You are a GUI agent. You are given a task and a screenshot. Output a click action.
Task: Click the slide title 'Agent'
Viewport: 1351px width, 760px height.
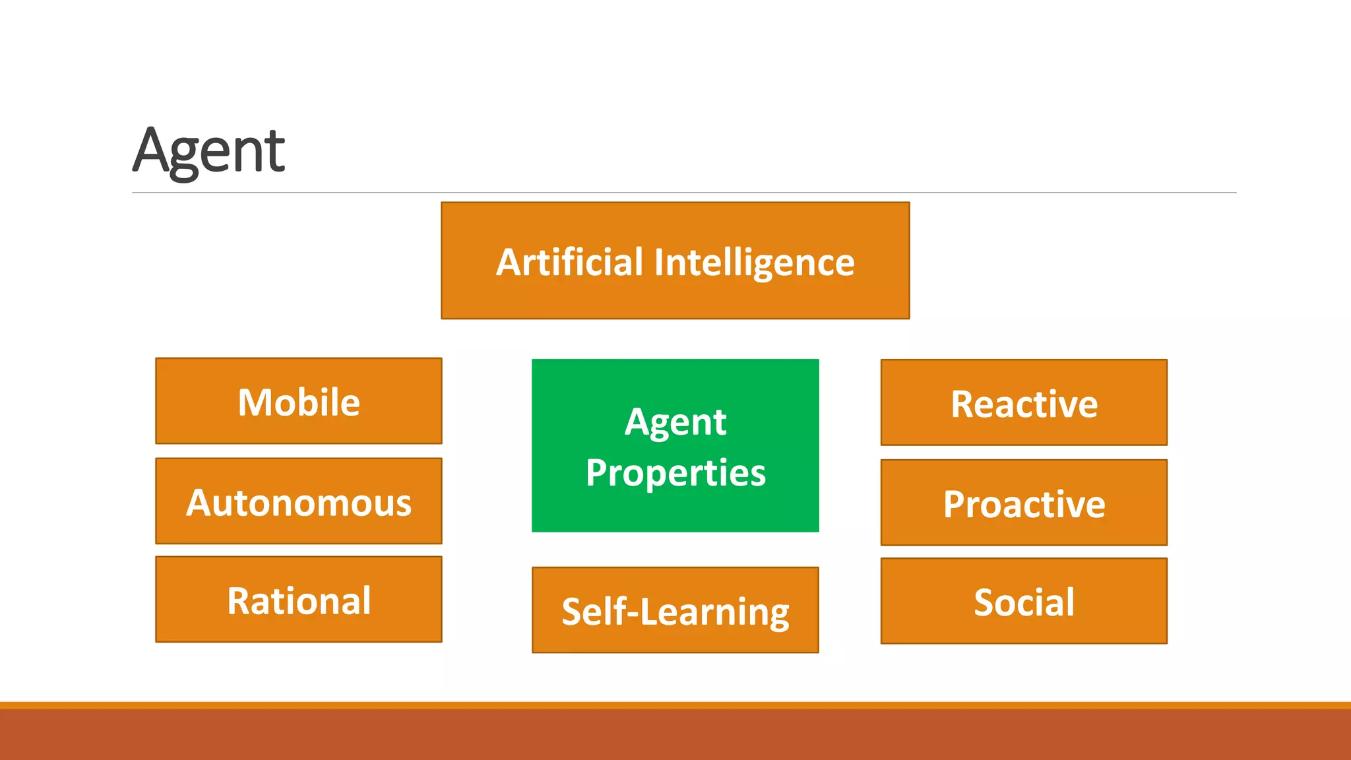[208, 151]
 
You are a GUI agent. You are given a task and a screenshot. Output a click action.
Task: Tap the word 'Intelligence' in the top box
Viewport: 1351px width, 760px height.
[754, 263]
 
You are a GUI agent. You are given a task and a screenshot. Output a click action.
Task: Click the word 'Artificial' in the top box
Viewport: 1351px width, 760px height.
[569, 262]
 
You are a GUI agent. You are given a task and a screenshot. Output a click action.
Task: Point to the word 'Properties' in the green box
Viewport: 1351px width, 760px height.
[675, 473]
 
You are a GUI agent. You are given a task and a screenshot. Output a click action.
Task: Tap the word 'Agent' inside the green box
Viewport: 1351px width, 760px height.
[675, 422]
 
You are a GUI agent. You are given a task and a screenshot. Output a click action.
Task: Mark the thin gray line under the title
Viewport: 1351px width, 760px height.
[683, 193]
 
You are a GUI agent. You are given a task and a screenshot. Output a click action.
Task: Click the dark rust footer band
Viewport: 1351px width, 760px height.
[675, 735]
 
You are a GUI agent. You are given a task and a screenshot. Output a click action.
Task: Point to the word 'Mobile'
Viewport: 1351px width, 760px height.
[299, 402]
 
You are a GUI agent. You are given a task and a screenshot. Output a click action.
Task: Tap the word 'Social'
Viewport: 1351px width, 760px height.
[1024, 602]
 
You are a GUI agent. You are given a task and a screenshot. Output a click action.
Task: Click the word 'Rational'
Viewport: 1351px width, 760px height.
[299, 601]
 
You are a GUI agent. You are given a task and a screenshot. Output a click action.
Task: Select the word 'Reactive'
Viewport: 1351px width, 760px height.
[1024, 404]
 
